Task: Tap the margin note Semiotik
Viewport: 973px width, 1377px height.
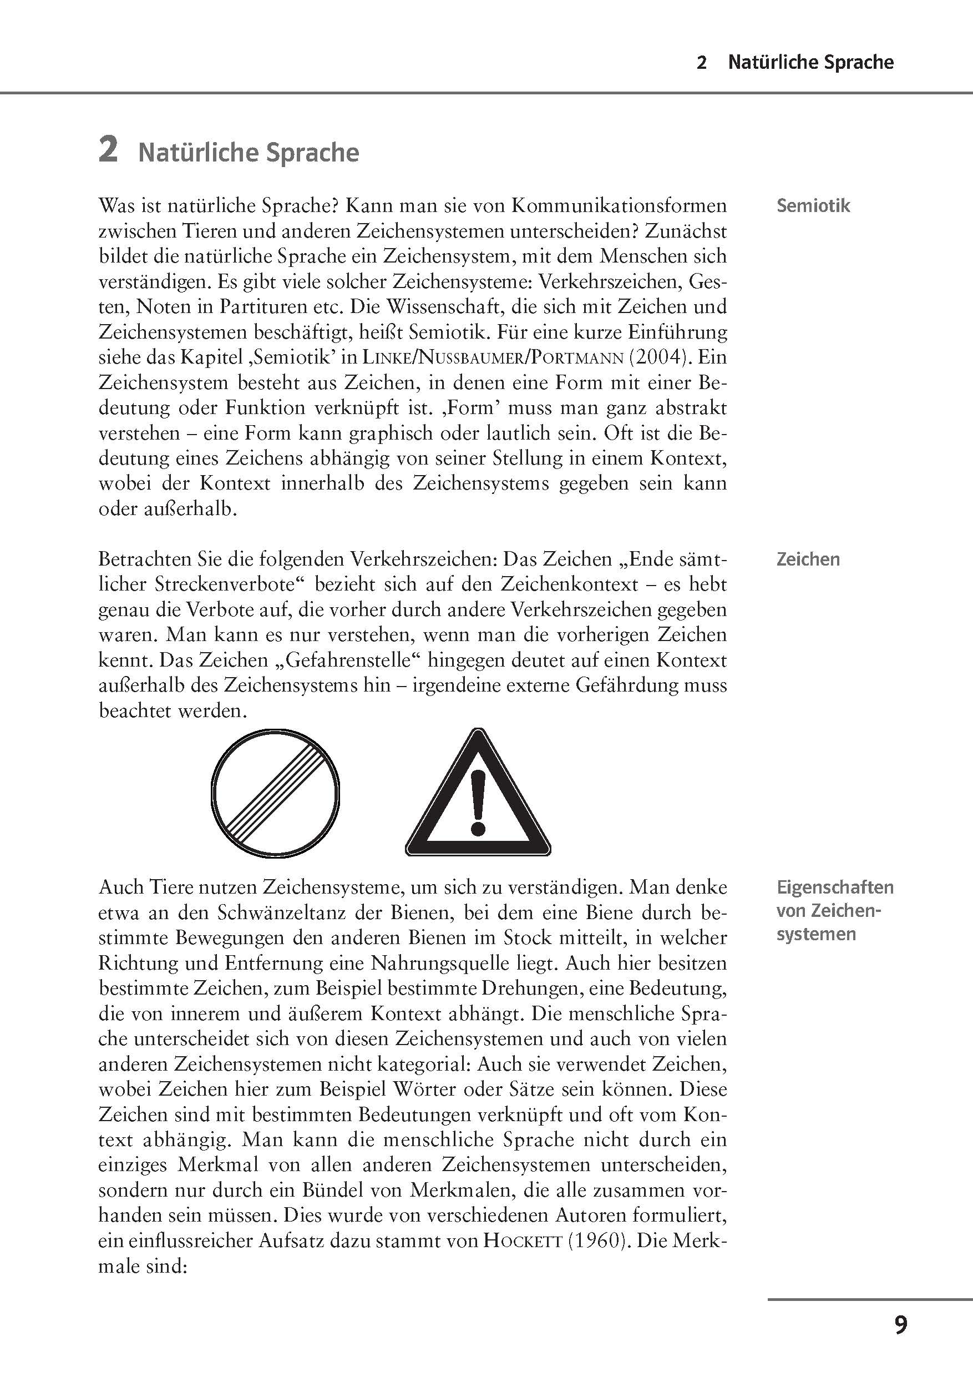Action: pos(813,206)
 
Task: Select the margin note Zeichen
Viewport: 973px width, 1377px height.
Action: pos(808,559)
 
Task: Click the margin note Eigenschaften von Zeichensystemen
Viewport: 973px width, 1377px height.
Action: pos(834,910)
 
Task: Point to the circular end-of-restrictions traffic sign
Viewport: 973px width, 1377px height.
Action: pos(276,791)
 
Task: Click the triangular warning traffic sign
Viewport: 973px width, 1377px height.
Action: pos(478,798)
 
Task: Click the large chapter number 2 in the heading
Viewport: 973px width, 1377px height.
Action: pos(108,150)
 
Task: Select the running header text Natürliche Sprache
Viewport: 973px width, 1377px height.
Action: pos(810,62)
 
